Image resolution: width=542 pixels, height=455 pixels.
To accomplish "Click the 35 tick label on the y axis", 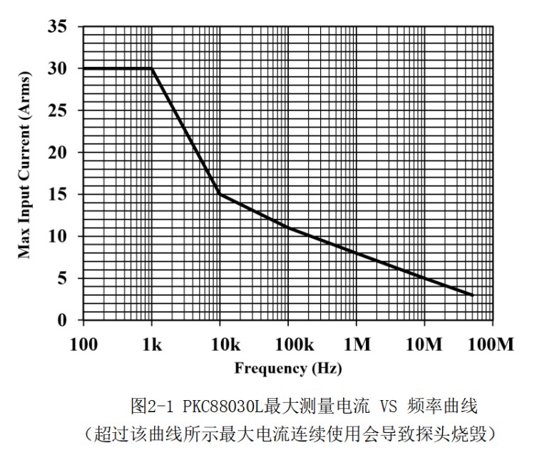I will [58, 27].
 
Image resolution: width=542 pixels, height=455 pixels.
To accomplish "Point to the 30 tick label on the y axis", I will [58, 69].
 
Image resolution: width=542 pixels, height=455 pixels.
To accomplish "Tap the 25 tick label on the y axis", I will [58, 111].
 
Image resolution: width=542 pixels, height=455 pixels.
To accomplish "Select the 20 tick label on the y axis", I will [58, 153].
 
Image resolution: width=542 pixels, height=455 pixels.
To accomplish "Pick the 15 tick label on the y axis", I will [58, 195].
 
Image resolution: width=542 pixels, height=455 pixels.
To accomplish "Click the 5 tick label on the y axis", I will [63, 279].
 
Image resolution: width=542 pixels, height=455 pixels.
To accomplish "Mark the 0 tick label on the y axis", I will [63, 321].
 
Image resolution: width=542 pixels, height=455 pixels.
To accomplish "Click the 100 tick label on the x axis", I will [84, 345].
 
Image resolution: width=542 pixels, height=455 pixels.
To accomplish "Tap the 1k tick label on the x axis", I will [152, 345].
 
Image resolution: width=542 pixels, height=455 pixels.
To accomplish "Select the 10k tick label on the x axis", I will [220, 345].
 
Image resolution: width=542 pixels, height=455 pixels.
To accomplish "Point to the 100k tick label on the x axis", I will [287, 345].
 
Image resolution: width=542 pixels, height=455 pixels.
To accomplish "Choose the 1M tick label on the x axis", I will [357, 345].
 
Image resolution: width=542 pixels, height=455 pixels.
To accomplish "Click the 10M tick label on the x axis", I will [424, 345].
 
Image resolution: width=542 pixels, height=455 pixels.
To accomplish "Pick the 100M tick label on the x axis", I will [492, 345].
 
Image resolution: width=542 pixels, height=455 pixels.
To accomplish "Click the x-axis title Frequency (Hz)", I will [288, 369].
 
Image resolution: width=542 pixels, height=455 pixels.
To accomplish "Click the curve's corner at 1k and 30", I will [152, 68].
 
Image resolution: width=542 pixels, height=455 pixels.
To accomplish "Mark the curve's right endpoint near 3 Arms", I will [472, 295].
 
